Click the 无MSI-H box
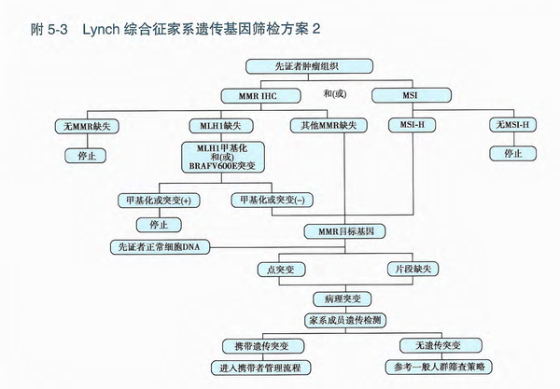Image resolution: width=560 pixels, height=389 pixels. tap(512, 125)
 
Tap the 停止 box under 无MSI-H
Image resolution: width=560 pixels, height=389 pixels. tap(512, 153)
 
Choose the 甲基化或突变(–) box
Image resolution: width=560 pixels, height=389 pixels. tap(272, 200)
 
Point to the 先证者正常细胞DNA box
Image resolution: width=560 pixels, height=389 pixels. tap(159, 247)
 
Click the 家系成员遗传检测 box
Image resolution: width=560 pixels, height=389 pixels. tap(344, 320)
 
